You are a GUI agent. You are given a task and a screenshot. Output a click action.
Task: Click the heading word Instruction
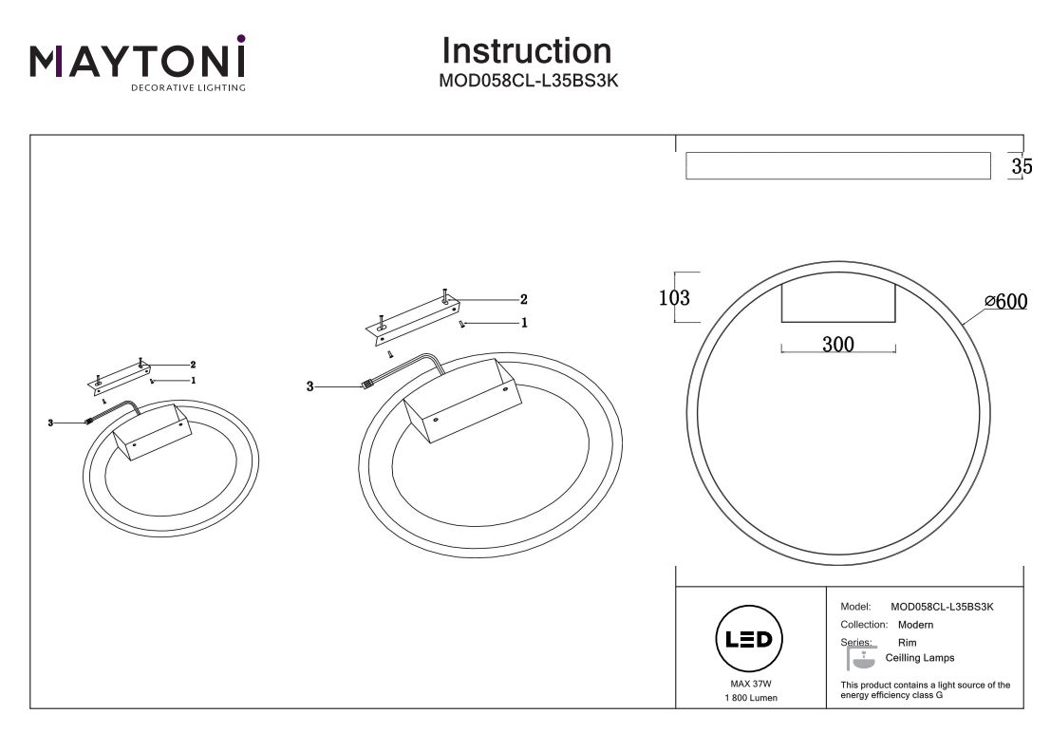click(x=527, y=50)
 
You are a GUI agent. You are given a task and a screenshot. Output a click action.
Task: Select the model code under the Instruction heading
click(x=528, y=81)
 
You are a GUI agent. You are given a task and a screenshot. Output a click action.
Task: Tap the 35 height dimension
click(x=1022, y=166)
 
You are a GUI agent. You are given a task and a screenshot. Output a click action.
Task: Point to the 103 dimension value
click(x=674, y=297)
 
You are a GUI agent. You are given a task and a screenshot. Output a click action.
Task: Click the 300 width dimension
click(x=837, y=345)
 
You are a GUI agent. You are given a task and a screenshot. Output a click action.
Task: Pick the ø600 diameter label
click(x=1006, y=302)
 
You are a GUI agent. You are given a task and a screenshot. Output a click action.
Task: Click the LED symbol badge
click(x=748, y=639)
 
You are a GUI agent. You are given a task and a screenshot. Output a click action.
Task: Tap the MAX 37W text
click(x=749, y=684)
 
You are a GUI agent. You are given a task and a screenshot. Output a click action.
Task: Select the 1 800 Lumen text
click(x=749, y=698)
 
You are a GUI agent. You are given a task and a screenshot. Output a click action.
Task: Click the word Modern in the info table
click(x=915, y=625)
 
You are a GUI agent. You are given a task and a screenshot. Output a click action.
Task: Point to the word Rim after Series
click(x=907, y=643)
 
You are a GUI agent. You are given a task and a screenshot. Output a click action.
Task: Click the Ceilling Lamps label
click(x=919, y=658)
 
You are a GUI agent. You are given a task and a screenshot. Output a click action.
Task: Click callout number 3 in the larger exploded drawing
click(x=309, y=386)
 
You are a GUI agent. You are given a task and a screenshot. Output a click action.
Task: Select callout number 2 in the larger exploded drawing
click(x=522, y=298)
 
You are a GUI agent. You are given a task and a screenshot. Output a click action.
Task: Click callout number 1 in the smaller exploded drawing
click(x=193, y=380)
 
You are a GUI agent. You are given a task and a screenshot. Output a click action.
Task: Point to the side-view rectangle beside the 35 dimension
click(x=834, y=166)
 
